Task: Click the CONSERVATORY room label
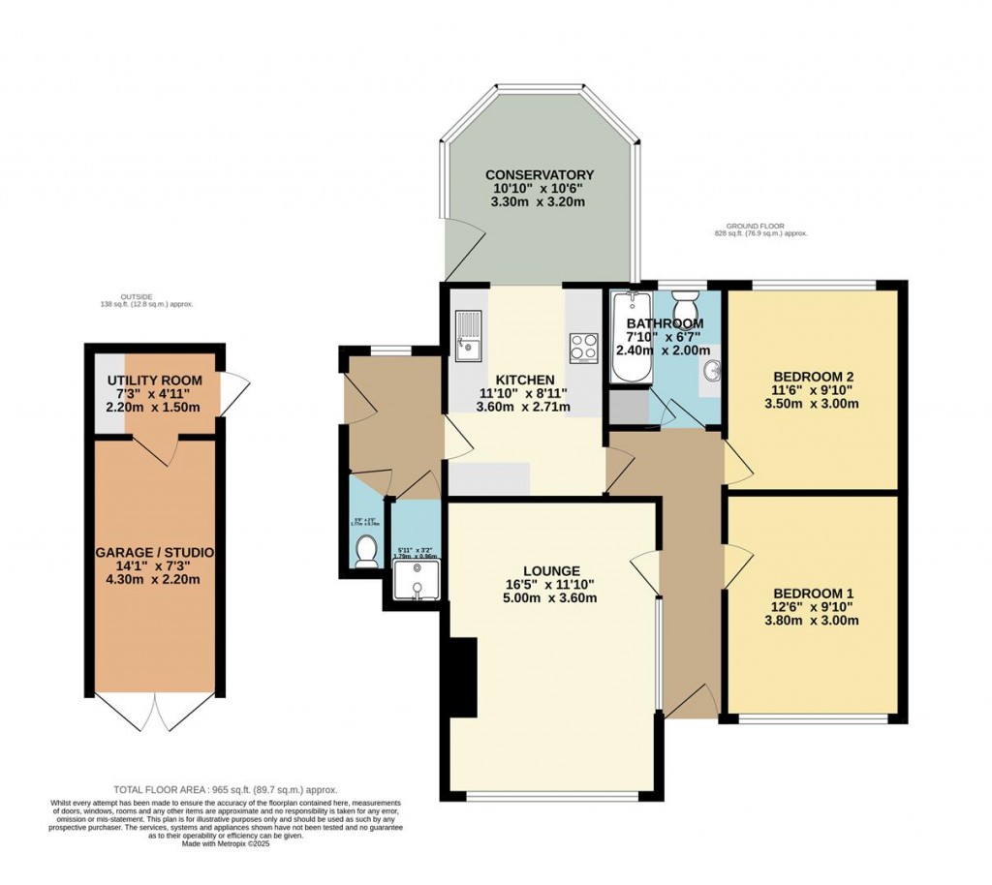tap(540, 175)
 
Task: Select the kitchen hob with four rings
tap(583, 347)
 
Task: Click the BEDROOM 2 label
tap(813, 377)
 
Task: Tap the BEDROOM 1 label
tap(813, 594)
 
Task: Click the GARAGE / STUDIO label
tap(155, 552)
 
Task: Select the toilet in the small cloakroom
tap(366, 552)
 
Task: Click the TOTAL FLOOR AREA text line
tap(225, 790)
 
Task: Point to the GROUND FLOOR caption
tap(759, 225)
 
